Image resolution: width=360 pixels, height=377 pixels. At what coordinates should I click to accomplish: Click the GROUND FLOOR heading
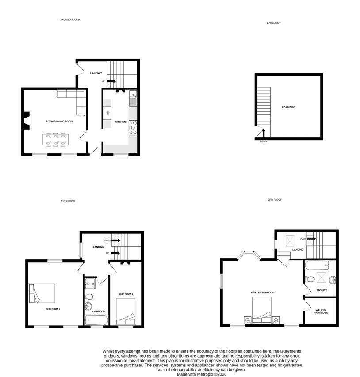pyautogui.click(x=69, y=19)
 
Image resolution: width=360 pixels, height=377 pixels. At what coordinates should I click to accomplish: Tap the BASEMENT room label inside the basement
pyautogui.click(x=288, y=107)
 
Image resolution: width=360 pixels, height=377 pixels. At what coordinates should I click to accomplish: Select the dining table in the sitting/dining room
pyautogui.click(x=56, y=140)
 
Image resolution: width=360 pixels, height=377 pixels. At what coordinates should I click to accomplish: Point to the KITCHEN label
pyautogui.click(x=120, y=122)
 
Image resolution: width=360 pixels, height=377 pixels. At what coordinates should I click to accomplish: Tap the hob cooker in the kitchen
pyautogui.click(x=133, y=128)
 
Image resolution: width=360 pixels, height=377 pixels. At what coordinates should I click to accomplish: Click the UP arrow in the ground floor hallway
pyautogui.click(x=111, y=81)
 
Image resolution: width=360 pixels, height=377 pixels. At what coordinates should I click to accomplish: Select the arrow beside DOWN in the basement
pyautogui.click(x=263, y=133)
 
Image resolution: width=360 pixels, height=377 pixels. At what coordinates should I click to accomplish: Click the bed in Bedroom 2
pyautogui.click(x=42, y=293)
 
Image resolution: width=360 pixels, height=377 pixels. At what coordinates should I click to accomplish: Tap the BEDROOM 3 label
pyautogui.click(x=126, y=294)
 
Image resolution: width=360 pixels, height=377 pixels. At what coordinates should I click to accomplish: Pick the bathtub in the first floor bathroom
pyautogui.click(x=96, y=320)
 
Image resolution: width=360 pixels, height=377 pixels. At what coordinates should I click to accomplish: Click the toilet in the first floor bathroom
pyautogui.click(x=89, y=296)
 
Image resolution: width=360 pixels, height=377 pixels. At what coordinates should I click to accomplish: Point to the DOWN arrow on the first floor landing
pyautogui.click(x=116, y=240)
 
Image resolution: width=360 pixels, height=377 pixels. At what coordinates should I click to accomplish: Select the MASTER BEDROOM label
pyautogui.click(x=263, y=293)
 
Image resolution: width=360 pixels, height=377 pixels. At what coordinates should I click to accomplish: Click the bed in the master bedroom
pyautogui.click(x=261, y=310)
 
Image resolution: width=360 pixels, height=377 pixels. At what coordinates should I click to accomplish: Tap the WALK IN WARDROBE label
pyautogui.click(x=321, y=312)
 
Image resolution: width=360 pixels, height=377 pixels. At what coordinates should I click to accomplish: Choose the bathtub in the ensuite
pyautogui.click(x=317, y=265)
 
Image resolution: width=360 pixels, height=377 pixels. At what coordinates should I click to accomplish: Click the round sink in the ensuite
pyautogui.click(x=333, y=280)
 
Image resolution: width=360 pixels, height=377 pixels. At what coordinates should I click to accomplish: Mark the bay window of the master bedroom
pyautogui.click(x=249, y=255)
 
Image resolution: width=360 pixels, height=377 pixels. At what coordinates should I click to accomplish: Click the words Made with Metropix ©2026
pyautogui.click(x=202, y=374)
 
